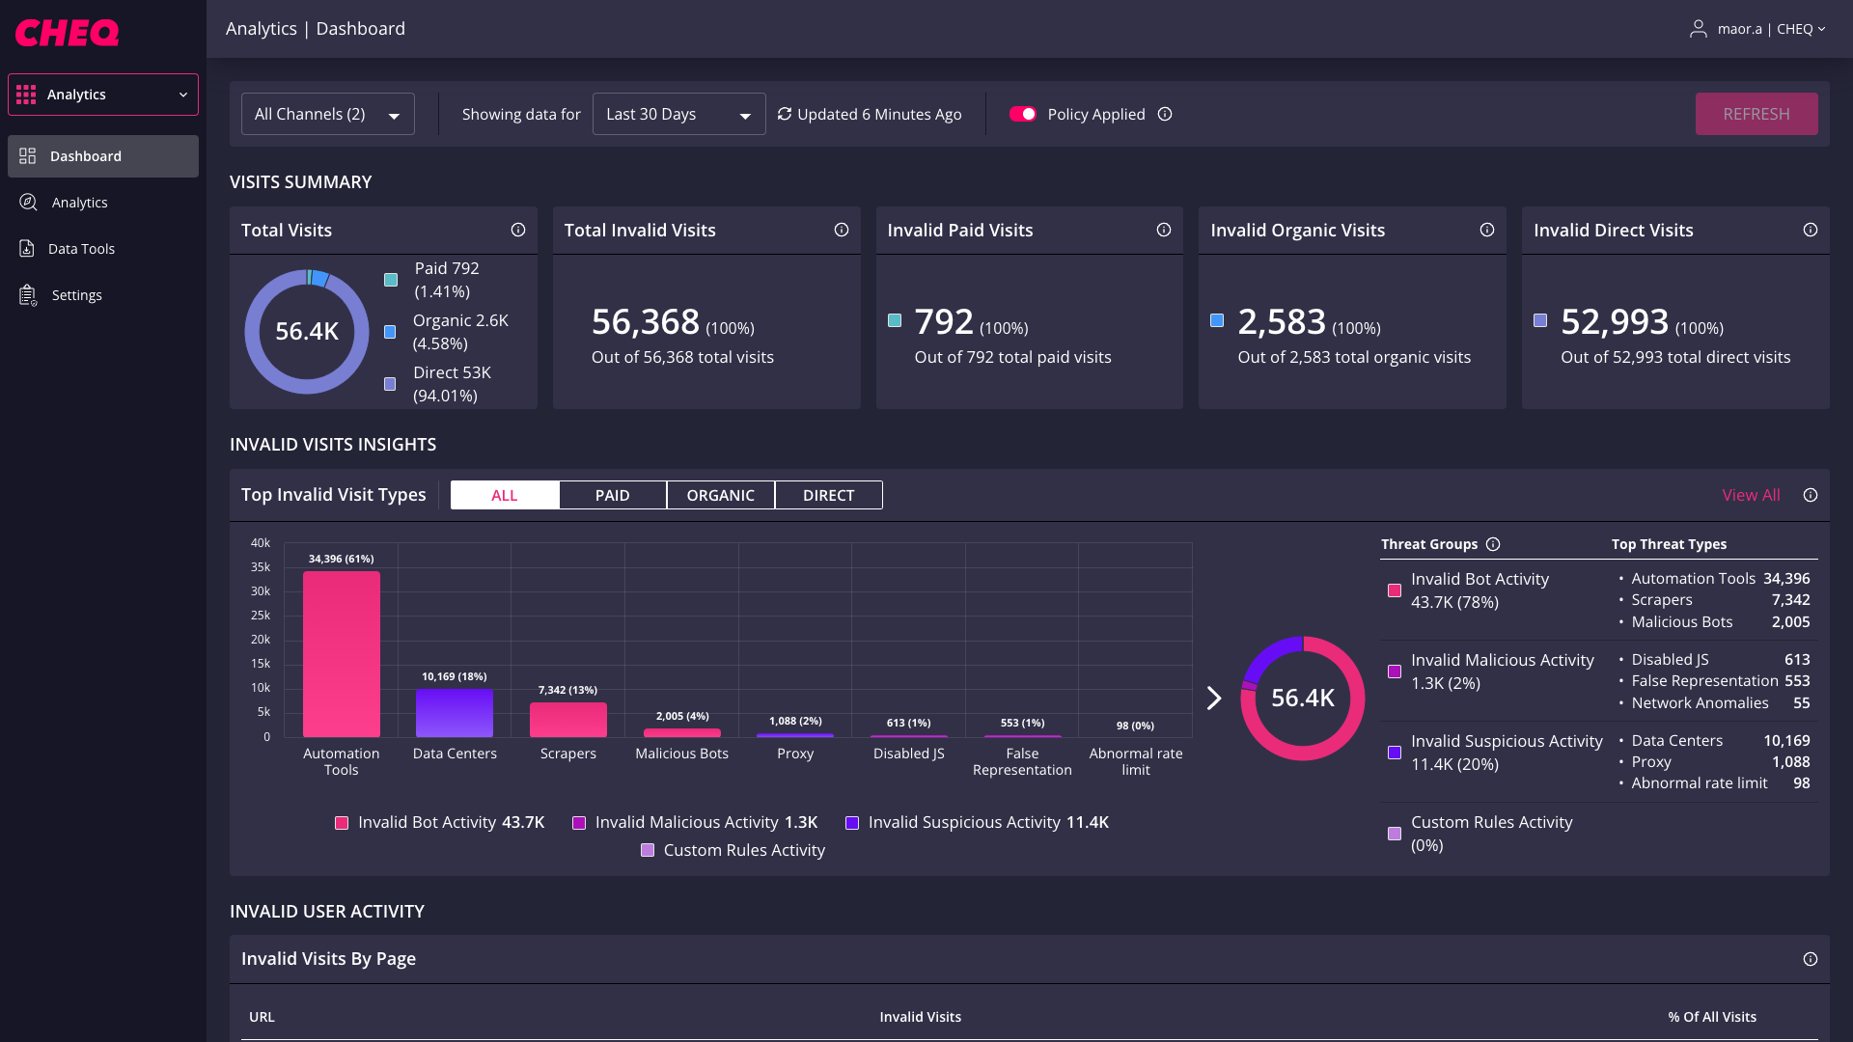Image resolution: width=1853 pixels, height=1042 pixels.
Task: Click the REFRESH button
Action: pyautogui.click(x=1756, y=114)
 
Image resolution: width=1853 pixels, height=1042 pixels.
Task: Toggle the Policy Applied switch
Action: pyautogui.click(x=1022, y=114)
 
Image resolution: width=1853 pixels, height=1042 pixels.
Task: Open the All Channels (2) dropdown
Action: pyautogui.click(x=327, y=114)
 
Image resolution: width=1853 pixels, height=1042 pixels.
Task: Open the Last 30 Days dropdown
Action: pyautogui.click(x=678, y=114)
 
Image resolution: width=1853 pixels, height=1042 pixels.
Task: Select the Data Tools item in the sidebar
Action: pyautogui.click(x=81, y=249)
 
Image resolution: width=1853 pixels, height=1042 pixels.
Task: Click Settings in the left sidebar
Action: pyautogui.click(x=76, y=295)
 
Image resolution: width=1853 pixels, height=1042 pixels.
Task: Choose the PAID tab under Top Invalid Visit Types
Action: pyautogui.click(x=612, y=495)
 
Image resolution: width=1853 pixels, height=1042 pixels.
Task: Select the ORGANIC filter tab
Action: pyautogui.click(x=720, y=495)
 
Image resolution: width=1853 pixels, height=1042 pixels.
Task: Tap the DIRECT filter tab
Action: pyautogui.click(x=828, y=495)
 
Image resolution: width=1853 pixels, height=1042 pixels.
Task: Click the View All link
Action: pyautogui.click(x=1751, y=495)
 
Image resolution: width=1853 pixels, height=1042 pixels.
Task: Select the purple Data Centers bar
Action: pyautogui.click(x=455, y=713)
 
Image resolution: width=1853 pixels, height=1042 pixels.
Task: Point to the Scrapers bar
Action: pyautogui.click(x=568, y=720)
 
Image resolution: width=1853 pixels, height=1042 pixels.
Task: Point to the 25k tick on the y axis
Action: pyautogui.click(x=261, y=616)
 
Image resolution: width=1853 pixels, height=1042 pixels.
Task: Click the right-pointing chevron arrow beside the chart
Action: pyautogui.click(x=1214, y=699)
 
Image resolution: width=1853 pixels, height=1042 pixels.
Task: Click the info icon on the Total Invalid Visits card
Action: pyautogui.click(x=842, y=230)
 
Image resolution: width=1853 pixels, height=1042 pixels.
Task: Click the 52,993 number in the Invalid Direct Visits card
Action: pyautogui.click(x=1615, y=322)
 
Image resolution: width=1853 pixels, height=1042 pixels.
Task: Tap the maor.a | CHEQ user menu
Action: pyautogui.click(x=1758, y=29)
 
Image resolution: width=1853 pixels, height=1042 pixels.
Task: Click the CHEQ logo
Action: pyautogui.click(x=67, y=33)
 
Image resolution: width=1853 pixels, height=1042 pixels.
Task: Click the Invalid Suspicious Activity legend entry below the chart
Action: pyautogui.click(x=977, y=822)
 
